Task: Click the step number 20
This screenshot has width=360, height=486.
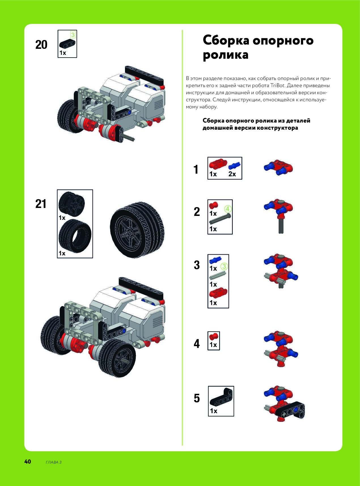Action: [x=41, y=45]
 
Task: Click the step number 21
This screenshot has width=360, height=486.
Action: [x=41, y=204]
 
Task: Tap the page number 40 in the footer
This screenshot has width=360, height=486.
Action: [x=27, y=462]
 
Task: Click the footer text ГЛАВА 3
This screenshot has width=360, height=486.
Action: [x=54, y=462]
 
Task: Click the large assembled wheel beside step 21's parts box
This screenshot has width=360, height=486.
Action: [x=137, y=230]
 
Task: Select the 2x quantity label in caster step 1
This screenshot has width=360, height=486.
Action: [x=232, y=174]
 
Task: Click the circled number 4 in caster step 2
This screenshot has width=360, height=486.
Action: [x=228, y=209]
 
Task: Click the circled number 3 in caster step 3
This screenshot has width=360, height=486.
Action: [x=224, y=266]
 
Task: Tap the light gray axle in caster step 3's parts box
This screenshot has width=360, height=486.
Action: [x=218, y=275]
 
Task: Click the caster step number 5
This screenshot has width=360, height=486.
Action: [x=197, y=398]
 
